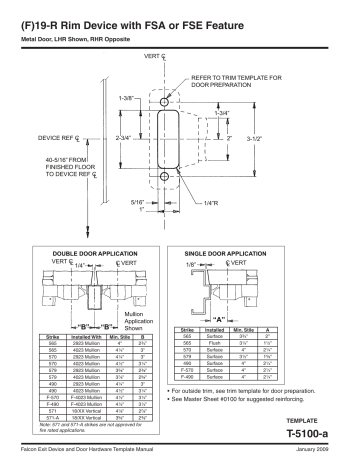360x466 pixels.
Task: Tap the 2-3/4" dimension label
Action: [x=125, y=134]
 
